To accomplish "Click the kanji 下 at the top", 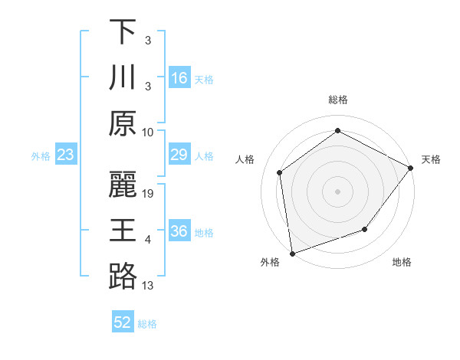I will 123,32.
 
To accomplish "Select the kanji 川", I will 123,77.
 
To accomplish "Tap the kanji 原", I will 123,123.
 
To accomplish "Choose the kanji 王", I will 123,231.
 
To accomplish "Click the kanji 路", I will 123,276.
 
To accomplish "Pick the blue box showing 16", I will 179,78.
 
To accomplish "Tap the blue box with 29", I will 179,155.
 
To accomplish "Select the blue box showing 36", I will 179,231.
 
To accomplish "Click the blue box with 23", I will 65,155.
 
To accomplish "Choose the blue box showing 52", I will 123,322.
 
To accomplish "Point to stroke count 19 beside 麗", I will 149,194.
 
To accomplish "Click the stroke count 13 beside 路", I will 148,286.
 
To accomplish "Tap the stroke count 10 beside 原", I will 148,132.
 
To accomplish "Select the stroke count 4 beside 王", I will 148,240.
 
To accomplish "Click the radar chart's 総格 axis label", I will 337,100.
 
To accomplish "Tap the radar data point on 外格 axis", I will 292,253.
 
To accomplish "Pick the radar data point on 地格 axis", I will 365,229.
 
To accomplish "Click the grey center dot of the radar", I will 337,191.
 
